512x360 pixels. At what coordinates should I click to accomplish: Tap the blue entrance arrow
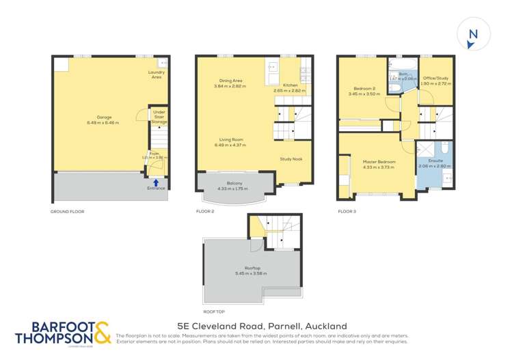pos(157,182)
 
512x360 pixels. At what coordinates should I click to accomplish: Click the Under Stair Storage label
pos(159,117)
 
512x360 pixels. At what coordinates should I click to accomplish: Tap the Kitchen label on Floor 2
pos(290,85)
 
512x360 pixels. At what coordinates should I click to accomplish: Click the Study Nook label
pos(291,159)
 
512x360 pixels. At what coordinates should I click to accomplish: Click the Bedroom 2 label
pos(363,89)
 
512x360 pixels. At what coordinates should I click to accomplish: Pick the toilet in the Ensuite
pos(443,147)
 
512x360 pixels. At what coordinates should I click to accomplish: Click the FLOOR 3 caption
pos(347,211)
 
